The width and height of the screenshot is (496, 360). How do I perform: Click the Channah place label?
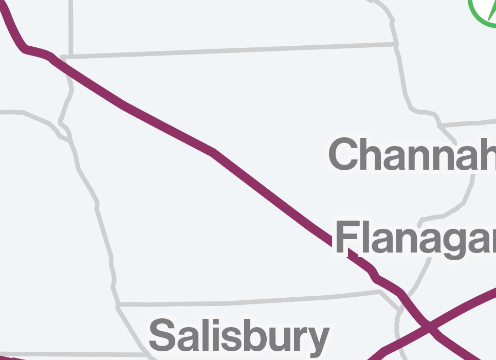(x=411, y=154)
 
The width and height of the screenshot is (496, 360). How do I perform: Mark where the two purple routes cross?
(x=428, y=326)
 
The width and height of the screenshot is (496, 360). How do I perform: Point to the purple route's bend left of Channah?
(x=213, y=152)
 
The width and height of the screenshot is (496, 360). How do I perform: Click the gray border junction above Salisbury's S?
(x=118, y=305)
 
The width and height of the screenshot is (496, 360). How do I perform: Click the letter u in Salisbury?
(x=272, y=338)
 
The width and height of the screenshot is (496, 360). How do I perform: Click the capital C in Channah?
(x=347, y=154)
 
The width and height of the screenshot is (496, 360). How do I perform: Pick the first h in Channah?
(x=376, y=154)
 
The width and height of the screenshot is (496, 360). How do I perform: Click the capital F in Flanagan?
(x=347, y=238)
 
